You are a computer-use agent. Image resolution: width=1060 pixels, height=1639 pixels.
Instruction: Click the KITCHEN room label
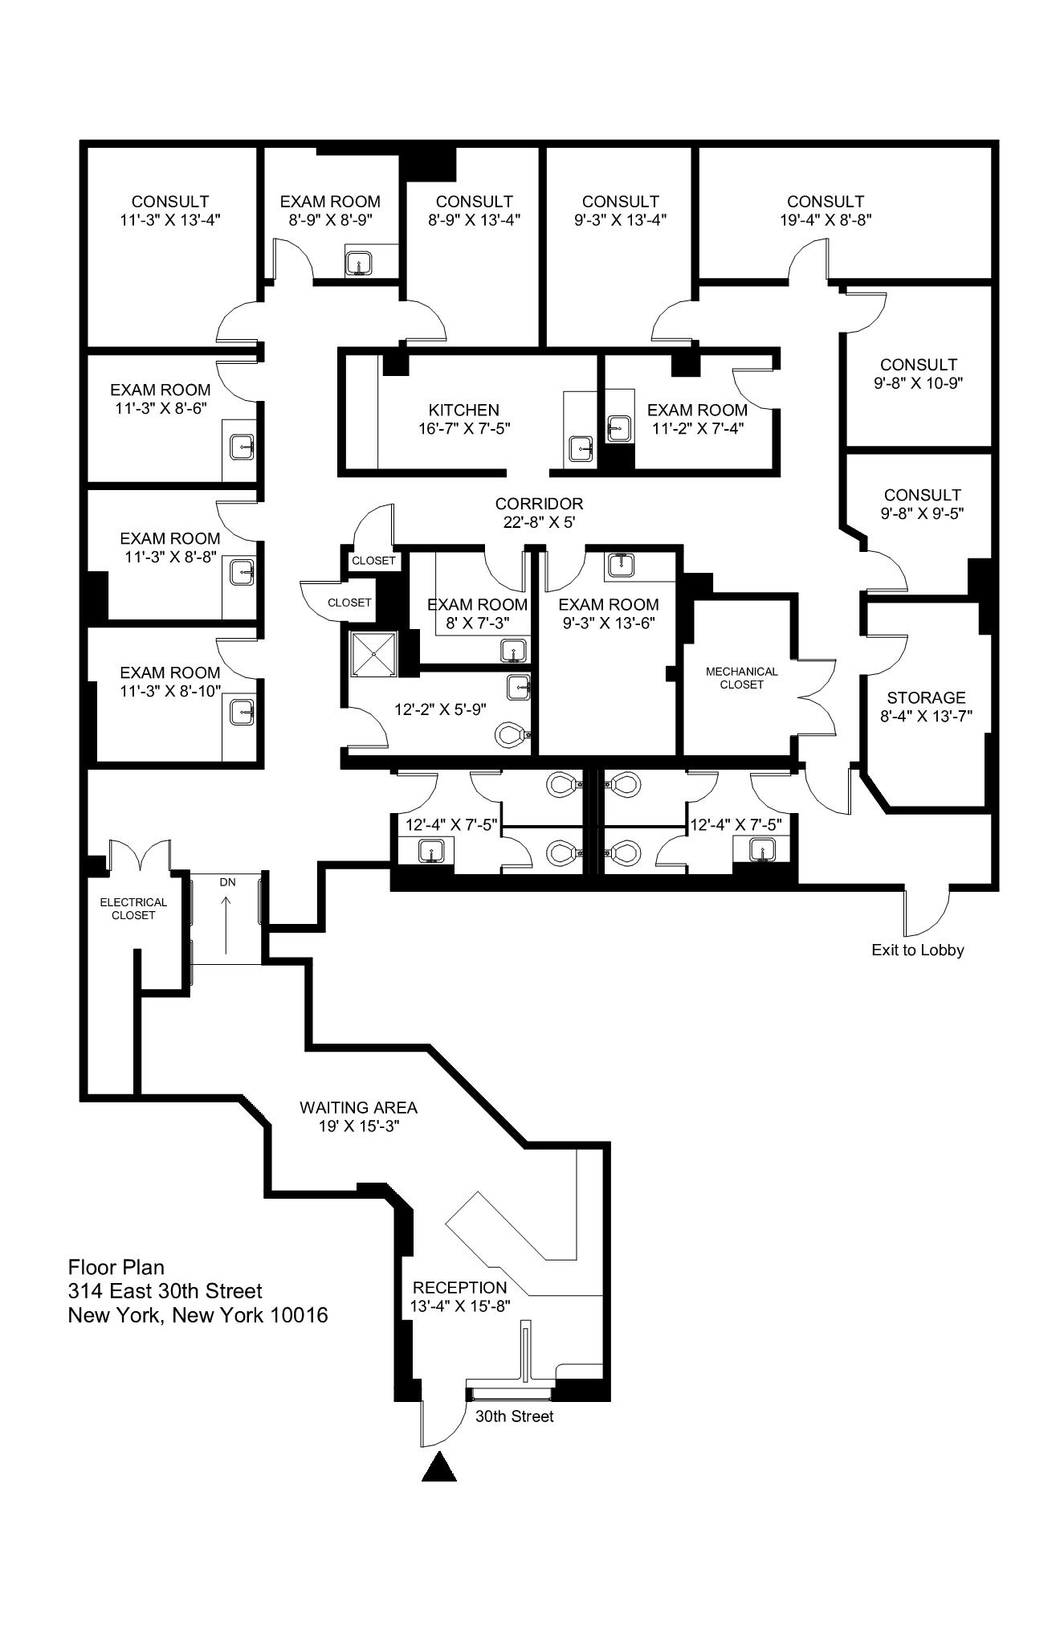coord(463,410)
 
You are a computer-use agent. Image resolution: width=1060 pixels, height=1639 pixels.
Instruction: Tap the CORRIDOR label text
coord(539,504)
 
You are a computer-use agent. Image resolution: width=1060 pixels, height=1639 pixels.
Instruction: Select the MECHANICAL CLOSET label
coord(741,677)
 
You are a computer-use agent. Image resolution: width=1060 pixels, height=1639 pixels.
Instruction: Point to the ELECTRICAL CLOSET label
coord(133,909)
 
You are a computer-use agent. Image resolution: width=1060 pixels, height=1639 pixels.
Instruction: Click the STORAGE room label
coord(926,697)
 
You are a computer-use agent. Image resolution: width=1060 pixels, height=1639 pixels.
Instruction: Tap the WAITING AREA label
coord(358,1107)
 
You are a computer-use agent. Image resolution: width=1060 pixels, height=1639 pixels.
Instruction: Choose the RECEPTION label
coord(459,1288)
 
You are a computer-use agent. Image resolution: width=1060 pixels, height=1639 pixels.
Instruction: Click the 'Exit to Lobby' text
coord(917,950)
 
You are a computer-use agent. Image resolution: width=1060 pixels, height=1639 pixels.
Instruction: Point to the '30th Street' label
coord(514,1416)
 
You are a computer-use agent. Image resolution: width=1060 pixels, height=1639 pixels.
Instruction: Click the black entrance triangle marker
coord(439,1466)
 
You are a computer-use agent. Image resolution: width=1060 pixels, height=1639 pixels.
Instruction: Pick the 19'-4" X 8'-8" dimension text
coord(826,219)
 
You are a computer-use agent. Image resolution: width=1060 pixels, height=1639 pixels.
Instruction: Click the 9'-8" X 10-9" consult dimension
coord(918,383)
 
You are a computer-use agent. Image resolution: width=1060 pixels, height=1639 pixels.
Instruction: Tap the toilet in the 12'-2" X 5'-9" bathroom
coord(512,734)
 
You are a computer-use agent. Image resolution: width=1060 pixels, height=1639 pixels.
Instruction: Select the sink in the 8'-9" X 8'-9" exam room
coord(359,263)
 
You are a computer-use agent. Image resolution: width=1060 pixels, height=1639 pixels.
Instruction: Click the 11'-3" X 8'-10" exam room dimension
coord(170,691)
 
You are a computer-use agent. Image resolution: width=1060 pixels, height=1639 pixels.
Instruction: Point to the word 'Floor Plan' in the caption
coord(116,1267)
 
